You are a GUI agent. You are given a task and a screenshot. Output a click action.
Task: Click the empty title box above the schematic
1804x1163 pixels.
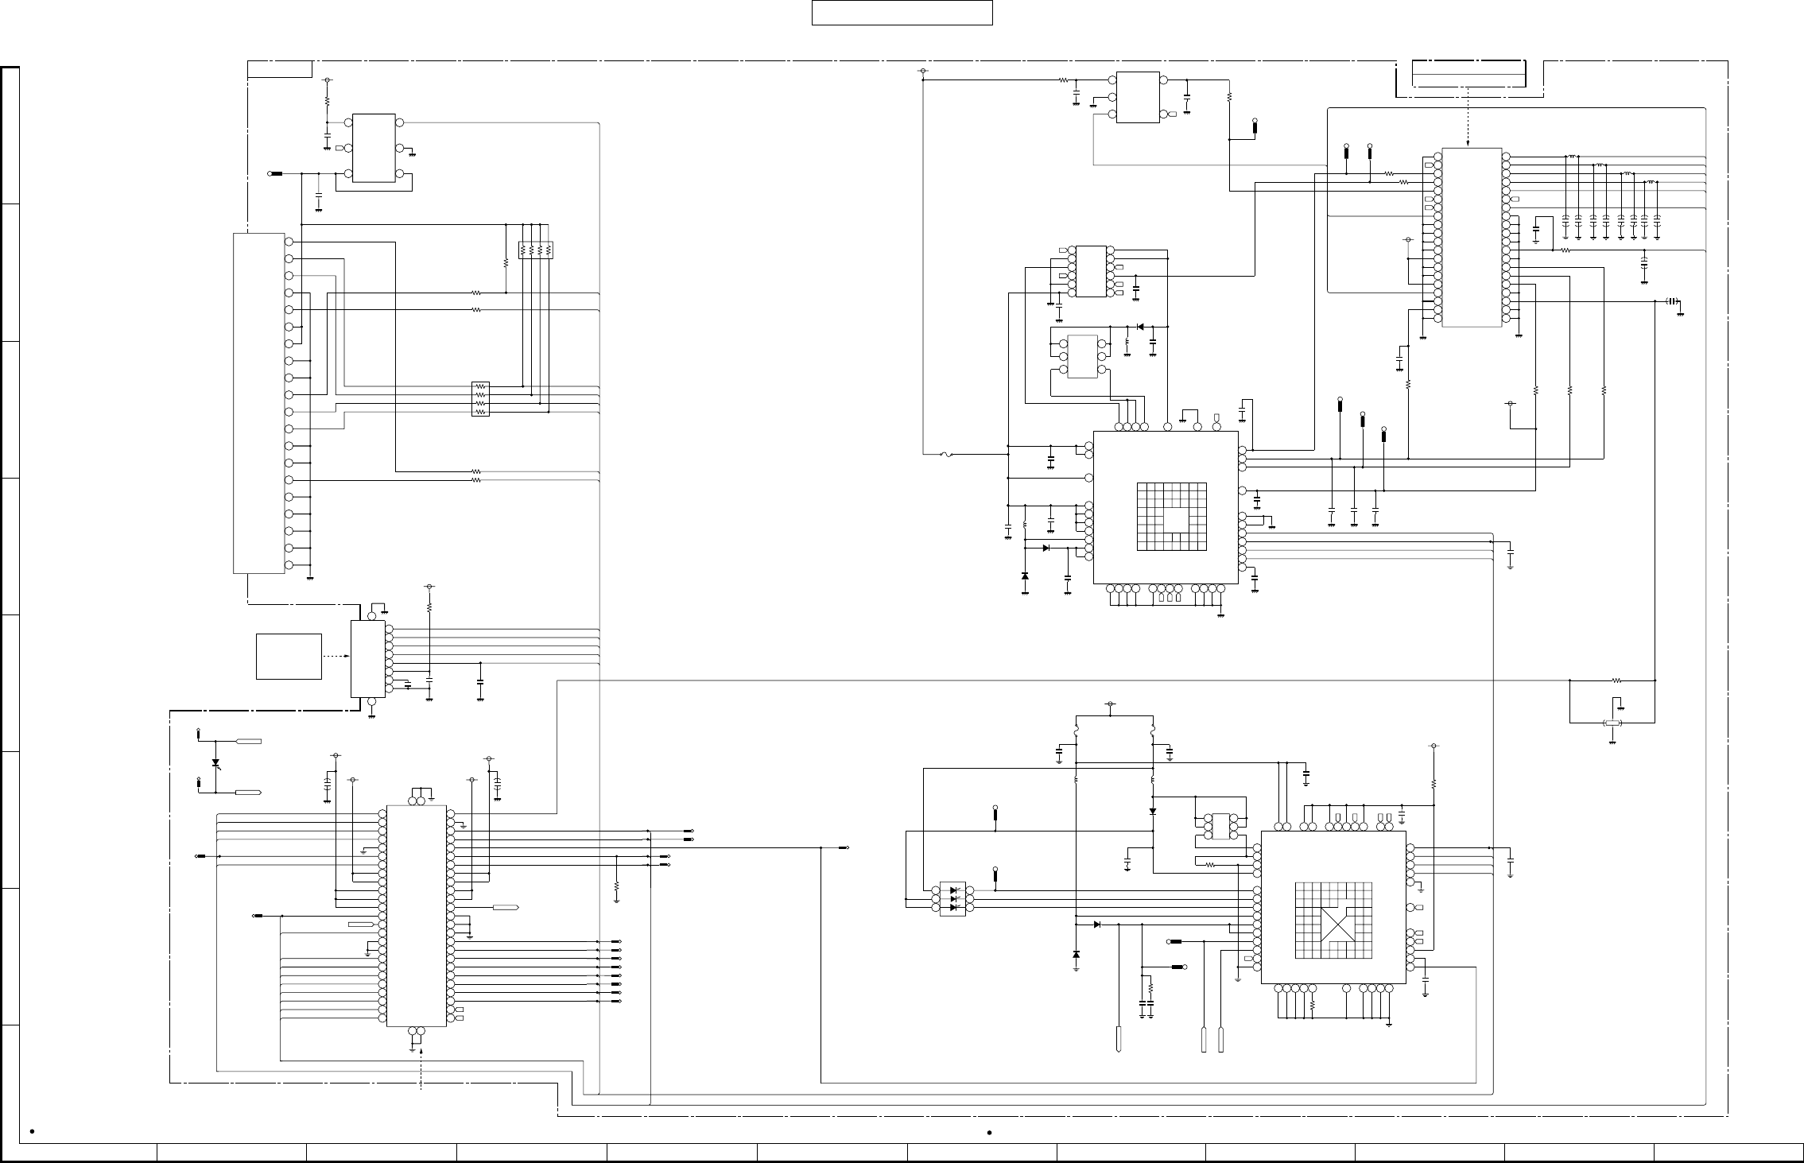902,13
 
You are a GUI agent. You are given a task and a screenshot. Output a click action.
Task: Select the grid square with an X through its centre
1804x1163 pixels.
1333,921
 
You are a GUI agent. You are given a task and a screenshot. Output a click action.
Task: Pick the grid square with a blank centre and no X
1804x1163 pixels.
1172,517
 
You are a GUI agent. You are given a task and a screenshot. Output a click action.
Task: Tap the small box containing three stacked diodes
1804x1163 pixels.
952,899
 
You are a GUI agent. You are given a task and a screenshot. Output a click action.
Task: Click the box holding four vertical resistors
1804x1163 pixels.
535,250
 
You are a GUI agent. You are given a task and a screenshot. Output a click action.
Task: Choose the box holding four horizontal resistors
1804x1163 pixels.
480,399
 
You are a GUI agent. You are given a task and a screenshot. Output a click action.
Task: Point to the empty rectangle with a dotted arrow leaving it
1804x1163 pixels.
289,657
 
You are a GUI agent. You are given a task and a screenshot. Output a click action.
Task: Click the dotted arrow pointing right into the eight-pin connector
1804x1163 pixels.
336,657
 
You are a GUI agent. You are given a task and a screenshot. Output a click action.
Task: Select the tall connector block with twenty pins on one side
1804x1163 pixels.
258,403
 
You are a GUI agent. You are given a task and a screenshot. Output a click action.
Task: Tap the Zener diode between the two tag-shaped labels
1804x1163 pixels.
215,763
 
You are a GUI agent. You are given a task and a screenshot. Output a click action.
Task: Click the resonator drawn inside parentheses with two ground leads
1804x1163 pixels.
1612,723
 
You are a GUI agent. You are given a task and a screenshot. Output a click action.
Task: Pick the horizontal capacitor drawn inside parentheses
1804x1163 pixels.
1672,301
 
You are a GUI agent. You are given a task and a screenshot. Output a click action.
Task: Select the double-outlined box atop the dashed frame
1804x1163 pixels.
1468,74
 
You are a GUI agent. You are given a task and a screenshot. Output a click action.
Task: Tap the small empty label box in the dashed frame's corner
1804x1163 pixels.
279,69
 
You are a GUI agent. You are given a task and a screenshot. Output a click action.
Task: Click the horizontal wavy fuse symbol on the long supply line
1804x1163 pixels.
945,455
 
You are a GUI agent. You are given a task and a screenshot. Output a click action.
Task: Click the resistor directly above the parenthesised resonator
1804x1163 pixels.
1616,680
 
